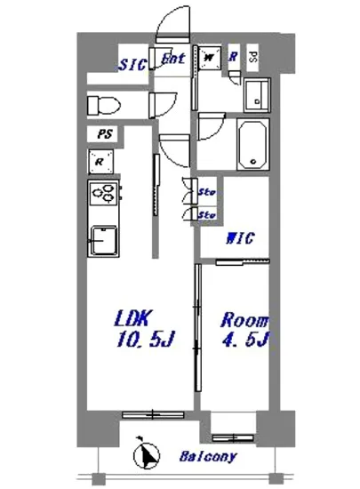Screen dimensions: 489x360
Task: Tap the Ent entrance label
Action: pyautogui.click(x=173, y=60)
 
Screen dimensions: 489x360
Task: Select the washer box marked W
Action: pyautogui.click(x=210, y=58)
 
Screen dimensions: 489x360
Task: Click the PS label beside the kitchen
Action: pyautogui.click(x=104, y=136)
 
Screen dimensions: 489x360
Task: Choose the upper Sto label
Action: pyautogui.click(x=205, y=191)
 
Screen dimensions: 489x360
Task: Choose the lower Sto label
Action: pyautogui.click(x=205, y=214)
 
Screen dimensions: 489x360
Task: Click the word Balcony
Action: pyautogui.click(x=208, y=458)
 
